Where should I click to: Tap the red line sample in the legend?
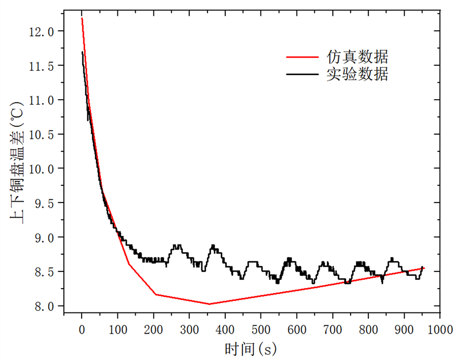tap(303, 56)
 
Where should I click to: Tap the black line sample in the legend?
tap(303, 75)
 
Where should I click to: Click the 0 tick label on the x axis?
tap(82, 329)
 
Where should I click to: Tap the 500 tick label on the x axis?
tap(260, 329)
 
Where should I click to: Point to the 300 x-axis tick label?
tap(189, 329)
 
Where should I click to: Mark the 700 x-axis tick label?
tap(332, 329)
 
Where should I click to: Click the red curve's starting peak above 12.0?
tap(82, 18)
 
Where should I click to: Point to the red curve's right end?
tap(424, 268)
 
